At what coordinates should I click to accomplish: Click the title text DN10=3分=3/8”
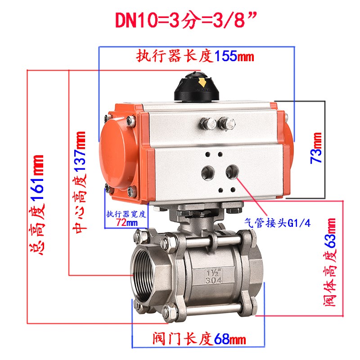tap(180, 20)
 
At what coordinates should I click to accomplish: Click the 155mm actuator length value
tap(234, 57)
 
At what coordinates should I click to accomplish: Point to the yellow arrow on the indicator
tap(202, 83)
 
